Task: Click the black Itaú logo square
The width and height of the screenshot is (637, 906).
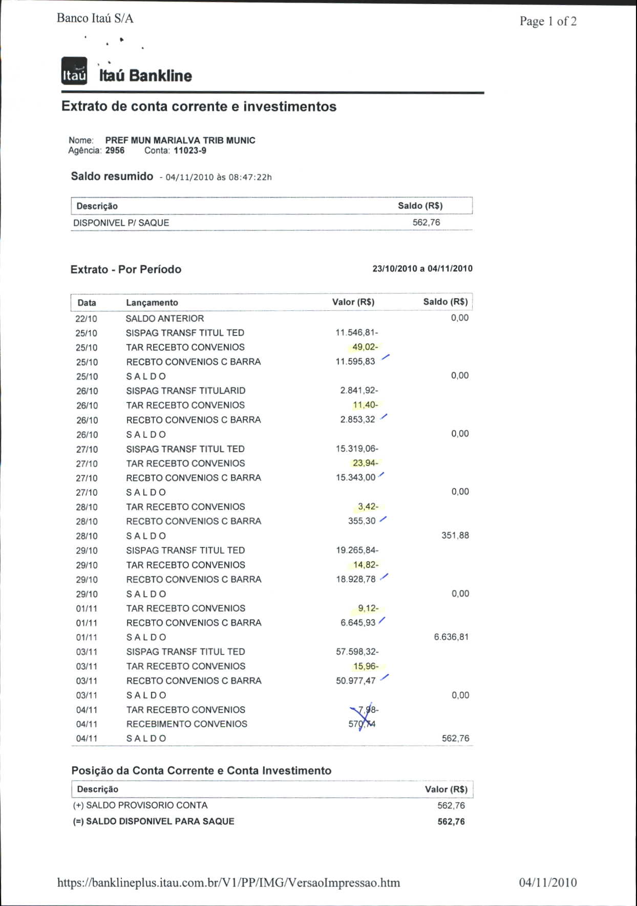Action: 74,71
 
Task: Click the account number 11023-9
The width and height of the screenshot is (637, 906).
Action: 190,151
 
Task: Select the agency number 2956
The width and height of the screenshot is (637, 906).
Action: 115,151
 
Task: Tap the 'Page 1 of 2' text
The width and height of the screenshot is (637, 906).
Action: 548,22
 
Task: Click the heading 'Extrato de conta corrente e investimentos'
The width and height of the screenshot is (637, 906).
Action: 199,107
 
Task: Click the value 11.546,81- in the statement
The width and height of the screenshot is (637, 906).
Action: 356,332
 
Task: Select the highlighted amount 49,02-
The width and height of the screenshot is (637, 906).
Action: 365,347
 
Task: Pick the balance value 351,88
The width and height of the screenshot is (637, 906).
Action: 455,535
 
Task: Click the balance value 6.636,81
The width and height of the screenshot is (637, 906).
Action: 451,637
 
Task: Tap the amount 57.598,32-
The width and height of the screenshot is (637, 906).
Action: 357,651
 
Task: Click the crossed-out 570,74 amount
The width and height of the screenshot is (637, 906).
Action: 362,724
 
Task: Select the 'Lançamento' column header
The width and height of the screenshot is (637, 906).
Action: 152,303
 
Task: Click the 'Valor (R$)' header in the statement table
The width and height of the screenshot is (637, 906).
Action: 353,302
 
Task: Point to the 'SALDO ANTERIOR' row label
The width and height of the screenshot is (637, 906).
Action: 164,318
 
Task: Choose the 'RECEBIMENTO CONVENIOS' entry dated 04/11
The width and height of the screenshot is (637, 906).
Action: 186,724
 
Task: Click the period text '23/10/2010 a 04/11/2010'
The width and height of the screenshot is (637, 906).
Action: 422,268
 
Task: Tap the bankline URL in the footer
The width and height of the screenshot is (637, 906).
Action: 228,882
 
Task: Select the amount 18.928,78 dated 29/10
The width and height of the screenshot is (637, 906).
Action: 355,579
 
